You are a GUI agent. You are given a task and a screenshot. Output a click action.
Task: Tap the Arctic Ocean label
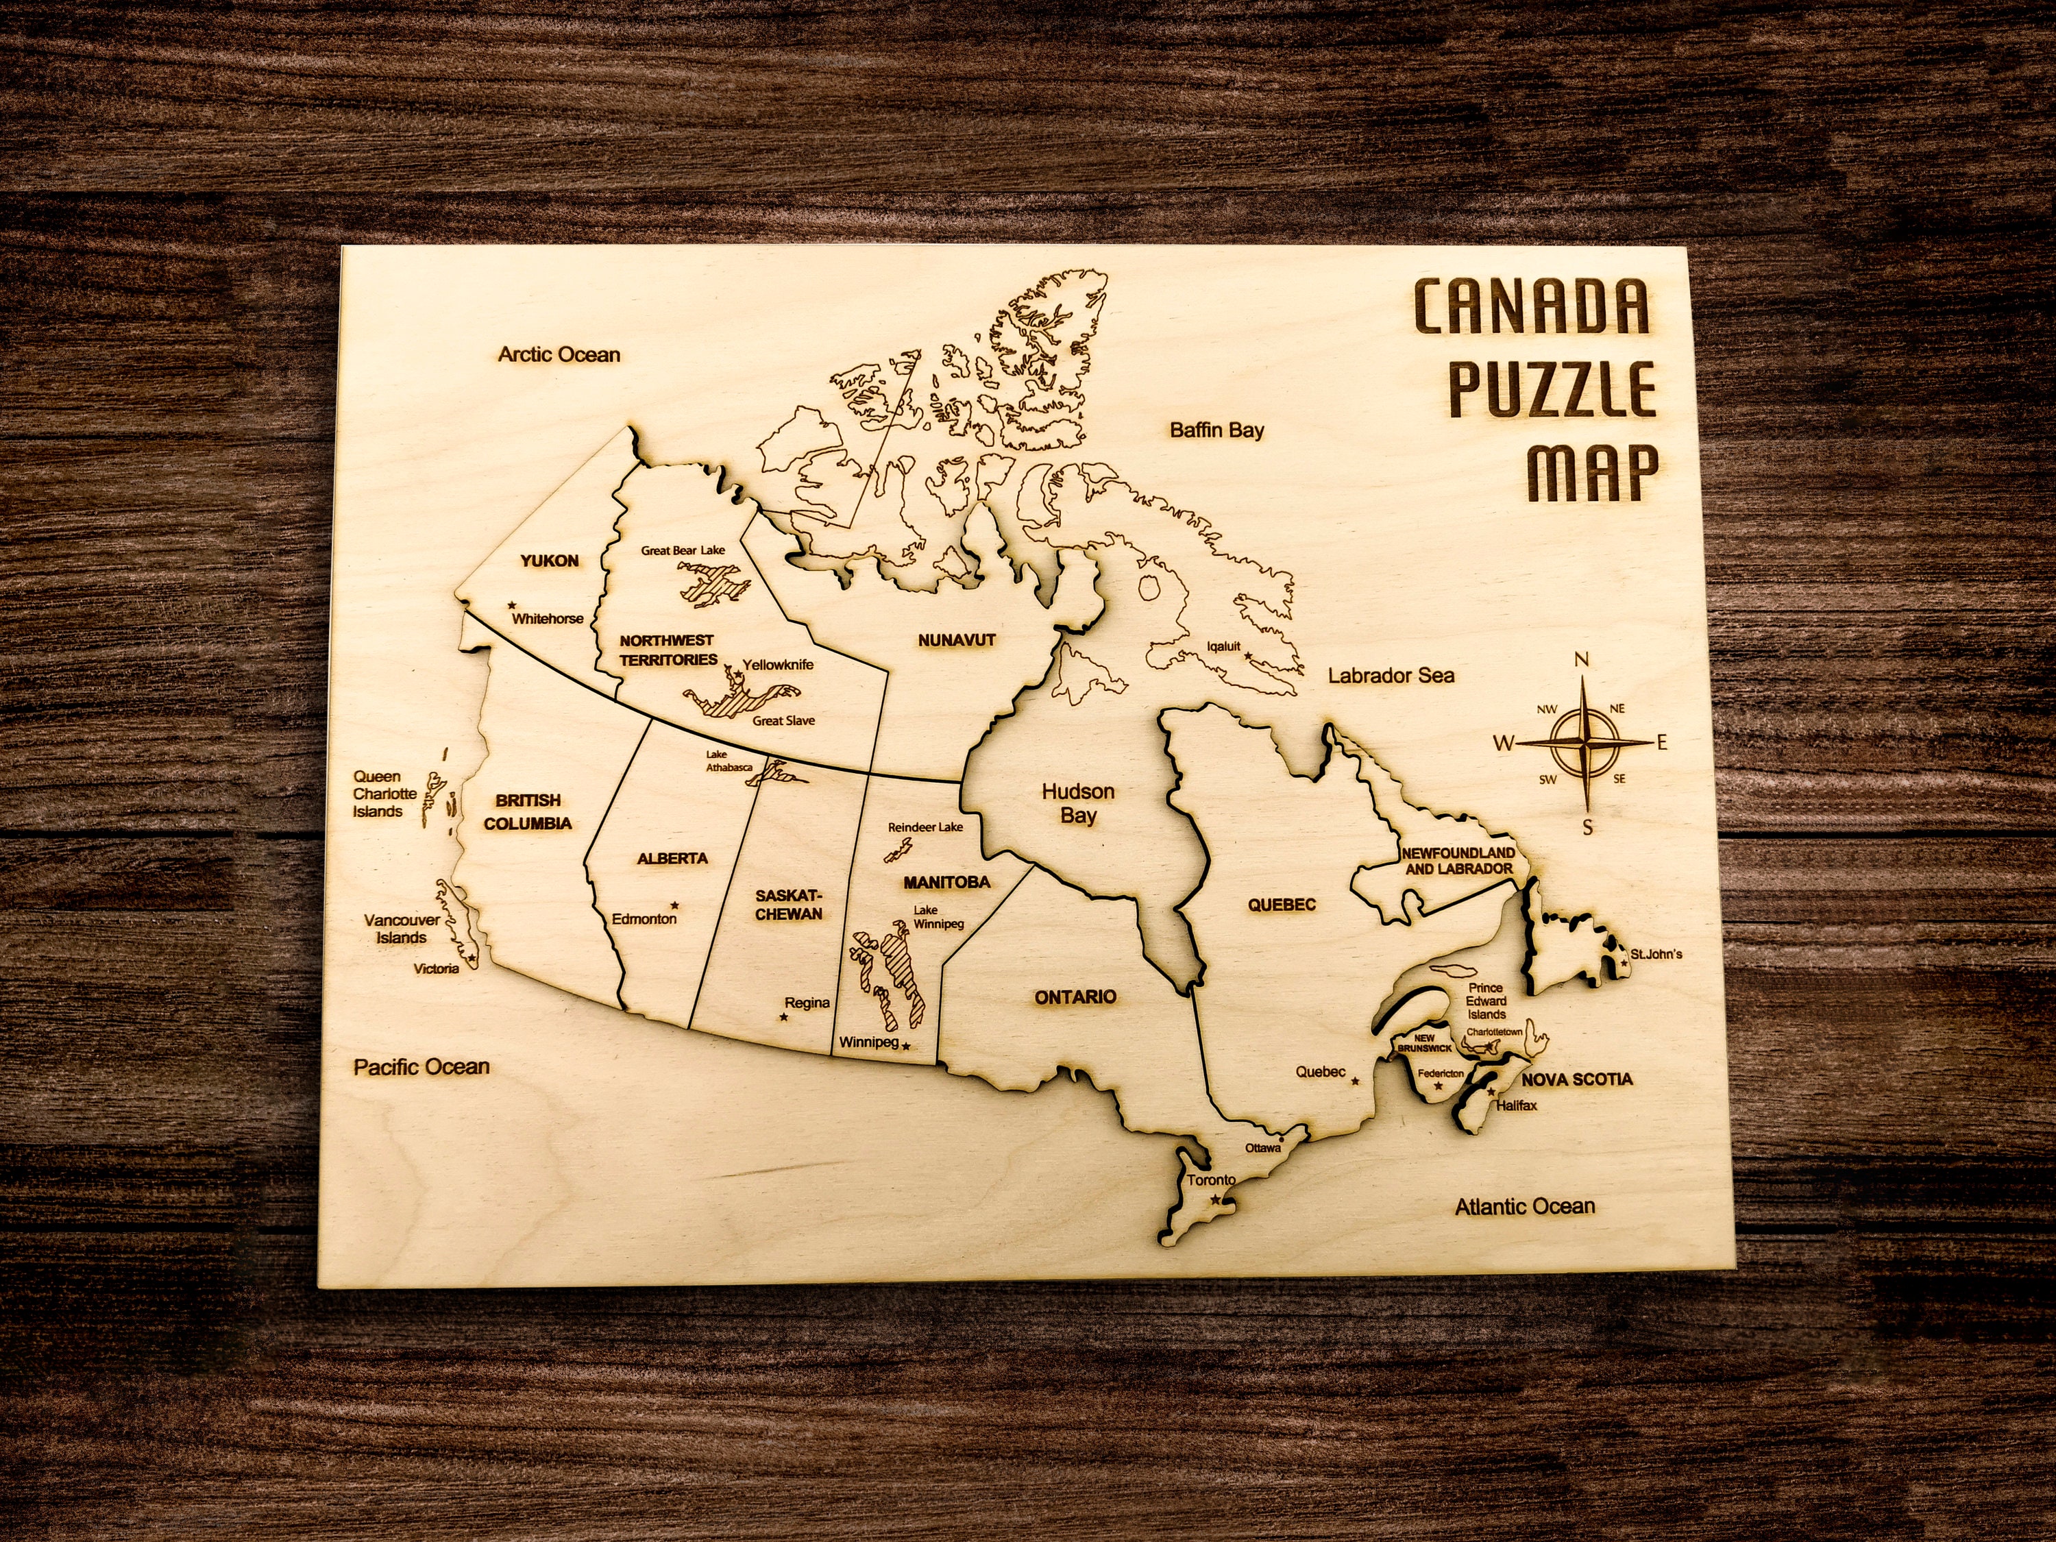pos(559,354)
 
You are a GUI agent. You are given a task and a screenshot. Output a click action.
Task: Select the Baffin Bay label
pos(1216,430)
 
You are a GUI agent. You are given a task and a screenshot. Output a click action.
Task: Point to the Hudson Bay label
pos(1078,804)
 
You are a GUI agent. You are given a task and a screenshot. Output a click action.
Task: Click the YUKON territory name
pos(550,561)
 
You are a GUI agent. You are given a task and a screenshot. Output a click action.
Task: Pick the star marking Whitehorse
pos(512,605)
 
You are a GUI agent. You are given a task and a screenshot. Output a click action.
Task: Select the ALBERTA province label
pos(672,859)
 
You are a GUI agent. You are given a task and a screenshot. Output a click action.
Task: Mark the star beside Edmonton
pos(675,905)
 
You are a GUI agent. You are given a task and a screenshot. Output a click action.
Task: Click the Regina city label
pos(807,1003)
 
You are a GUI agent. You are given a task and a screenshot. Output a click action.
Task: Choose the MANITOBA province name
pos(946,882)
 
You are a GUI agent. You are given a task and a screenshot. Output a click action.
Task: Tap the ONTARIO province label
pos(1075,997)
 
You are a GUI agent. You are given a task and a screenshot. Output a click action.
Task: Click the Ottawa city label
pos(1263,1148)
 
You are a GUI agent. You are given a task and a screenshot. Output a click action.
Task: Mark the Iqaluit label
pos(1223,647)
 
